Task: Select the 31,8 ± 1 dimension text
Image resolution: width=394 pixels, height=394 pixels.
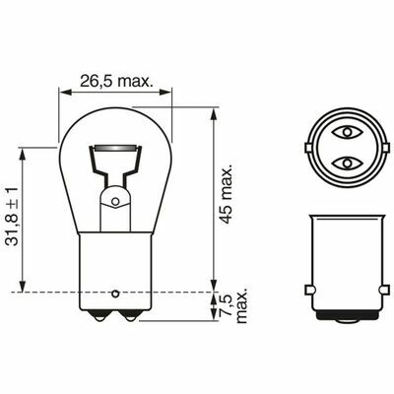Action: [12, 215]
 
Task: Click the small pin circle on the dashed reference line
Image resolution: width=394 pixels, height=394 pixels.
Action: [117, 293]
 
